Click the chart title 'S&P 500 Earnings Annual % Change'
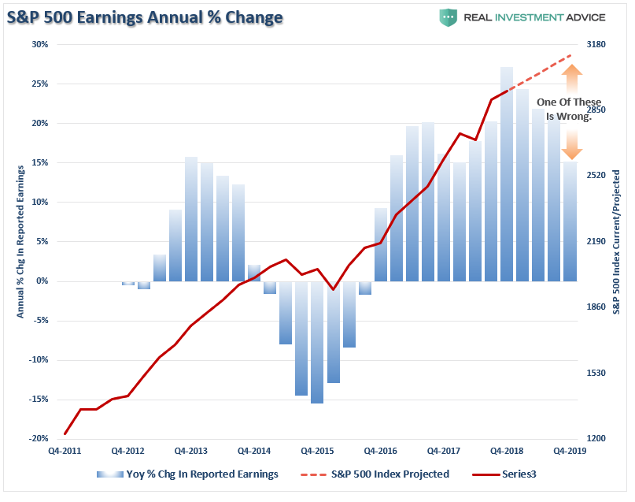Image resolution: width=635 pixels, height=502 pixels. (146, 17)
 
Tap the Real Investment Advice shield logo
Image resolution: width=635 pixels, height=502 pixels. (448, 17)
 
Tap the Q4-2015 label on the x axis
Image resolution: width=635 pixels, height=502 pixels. (318, 452)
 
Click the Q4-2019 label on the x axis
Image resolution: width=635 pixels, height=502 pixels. (570, 452)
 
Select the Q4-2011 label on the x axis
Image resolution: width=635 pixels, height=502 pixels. (65, 452)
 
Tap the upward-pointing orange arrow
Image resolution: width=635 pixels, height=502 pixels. (572, 80)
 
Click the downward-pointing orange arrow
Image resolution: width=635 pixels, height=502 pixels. (572, 143)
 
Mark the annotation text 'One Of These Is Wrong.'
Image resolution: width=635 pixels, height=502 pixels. (568, 109)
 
